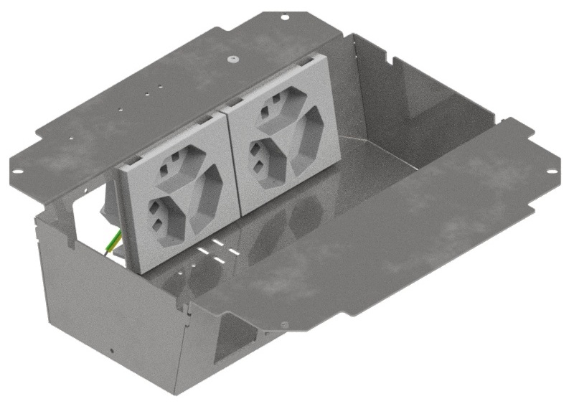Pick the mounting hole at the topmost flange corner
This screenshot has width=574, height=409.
click(x=285, y=16)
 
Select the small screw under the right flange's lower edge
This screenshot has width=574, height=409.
click(x=286, y=325)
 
